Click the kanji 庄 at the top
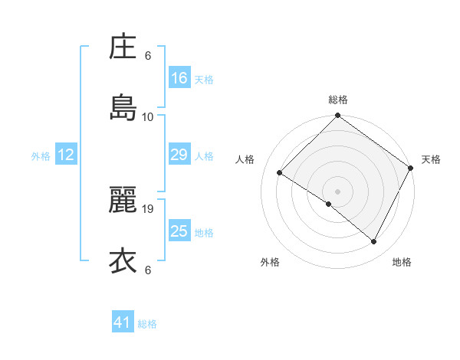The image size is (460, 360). (123, 48)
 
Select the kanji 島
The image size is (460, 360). (123, 108)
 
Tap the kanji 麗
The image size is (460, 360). (123, 201)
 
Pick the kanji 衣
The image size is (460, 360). (123, 260)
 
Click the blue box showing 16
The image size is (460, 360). (179, 78)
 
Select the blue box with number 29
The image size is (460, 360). (179, 155)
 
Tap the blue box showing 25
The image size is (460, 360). (179, 231)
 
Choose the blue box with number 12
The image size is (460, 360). (66, 155)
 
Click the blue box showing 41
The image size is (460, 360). (123, 323)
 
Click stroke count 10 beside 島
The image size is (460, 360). (149, 116)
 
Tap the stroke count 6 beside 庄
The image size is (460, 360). (149, 56)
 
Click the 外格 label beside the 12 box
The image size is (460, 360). (41, 156)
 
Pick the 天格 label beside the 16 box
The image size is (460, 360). (204, 80)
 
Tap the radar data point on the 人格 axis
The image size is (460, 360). (280, 173)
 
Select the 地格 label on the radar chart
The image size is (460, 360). (402, 262)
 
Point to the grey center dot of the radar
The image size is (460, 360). (338, 191)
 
